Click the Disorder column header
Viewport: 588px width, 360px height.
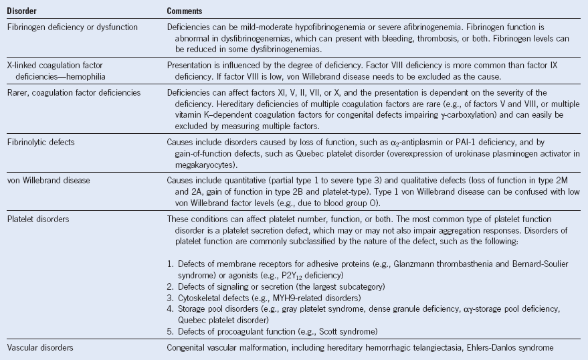[x=21, y=11]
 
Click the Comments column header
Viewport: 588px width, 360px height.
[x=185, y=11]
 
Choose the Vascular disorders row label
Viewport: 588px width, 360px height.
[x=39, y=348]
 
